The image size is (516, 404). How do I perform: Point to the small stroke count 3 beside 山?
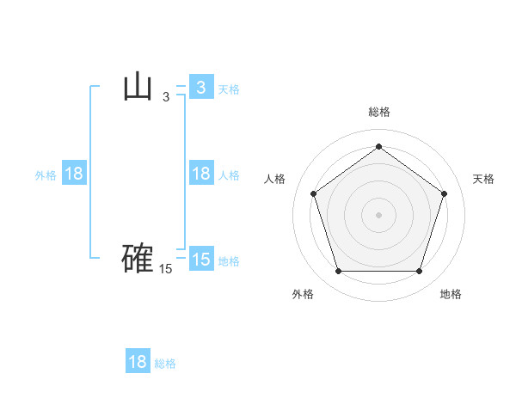coord(166,98)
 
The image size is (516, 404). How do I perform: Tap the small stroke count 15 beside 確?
coord(166,269)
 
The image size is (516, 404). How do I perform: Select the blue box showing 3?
coord(201,87)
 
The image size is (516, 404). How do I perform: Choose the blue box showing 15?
coord(201,259)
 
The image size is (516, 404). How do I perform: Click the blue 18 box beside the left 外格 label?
coord(74,174)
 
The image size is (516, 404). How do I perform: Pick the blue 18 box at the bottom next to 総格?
coord(138,362)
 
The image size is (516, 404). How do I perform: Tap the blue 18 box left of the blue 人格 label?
coord(201,174)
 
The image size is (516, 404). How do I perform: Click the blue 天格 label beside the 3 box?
coord(229,89)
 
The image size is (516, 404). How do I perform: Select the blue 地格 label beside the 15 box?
coord(229,260)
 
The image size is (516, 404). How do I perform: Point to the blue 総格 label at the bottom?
coord(165,364)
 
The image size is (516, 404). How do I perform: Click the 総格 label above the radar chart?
coord(379,112)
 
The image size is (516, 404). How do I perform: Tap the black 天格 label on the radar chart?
coord(484,179)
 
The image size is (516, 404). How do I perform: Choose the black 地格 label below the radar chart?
coord(451,294)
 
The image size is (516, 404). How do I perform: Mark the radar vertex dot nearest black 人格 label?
coord(314,193)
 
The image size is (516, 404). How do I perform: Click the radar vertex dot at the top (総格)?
coord(379,146)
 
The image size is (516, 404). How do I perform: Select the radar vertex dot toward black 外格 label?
coord(338,272)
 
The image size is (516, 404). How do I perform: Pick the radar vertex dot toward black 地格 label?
coord(420,272)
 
